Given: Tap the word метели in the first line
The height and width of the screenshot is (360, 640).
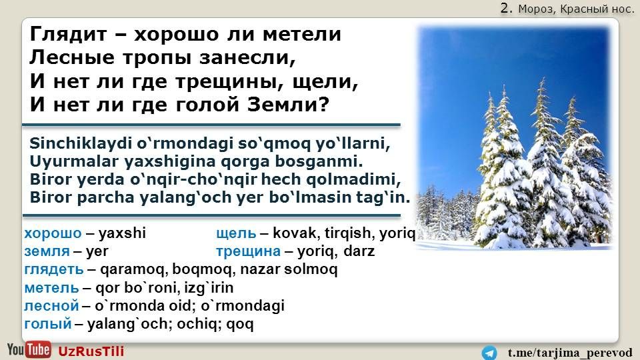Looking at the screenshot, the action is (301, 34).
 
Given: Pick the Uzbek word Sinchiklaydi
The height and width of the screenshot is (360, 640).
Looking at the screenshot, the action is (81, 144).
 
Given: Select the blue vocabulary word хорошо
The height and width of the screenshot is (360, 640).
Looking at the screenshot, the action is (53, 233).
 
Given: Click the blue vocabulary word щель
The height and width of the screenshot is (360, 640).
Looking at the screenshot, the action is (236, 233).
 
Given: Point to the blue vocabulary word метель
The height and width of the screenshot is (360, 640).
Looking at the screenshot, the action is (51, 288).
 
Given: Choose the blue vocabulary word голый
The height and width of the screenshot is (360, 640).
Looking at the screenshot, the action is (48, 324).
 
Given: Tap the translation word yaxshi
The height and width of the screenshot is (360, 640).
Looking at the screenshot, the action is (122, 233).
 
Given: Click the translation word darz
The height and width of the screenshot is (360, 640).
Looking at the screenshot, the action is (359, 251).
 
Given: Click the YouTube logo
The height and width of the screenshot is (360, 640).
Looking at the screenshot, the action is (29, 350).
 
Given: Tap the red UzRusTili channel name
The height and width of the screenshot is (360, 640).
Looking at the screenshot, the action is (91, 351).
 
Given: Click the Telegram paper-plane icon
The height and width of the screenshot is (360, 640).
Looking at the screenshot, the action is (489, 353).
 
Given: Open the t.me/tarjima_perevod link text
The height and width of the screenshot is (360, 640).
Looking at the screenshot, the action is (570, 353).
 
